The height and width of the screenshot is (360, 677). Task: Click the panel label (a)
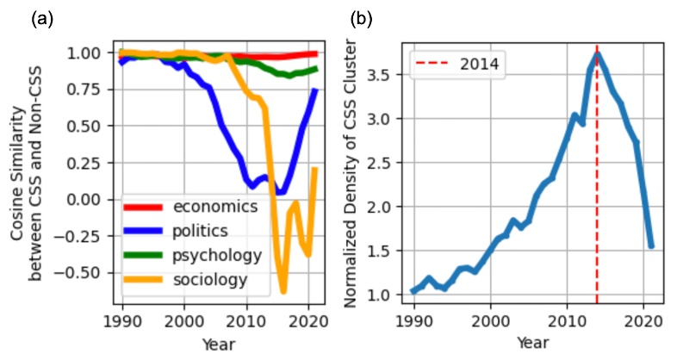(41, 17)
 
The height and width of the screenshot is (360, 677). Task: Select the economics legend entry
(215, 207)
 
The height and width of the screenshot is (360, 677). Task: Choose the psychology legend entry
(216, 255)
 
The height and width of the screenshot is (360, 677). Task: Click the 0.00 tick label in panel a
(91, 199)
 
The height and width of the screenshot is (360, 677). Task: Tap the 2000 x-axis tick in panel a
(184, 319)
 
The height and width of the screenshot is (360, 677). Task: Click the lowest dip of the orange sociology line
(283, 292)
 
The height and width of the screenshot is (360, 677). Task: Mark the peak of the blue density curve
(597, 54)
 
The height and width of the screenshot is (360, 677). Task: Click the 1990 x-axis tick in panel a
(121, 319)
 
